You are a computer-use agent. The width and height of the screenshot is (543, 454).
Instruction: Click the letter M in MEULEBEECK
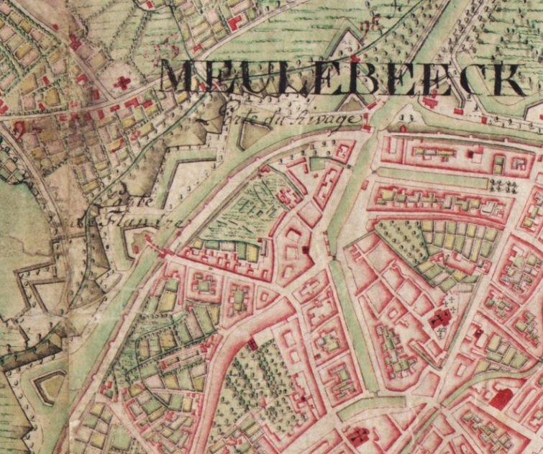178,78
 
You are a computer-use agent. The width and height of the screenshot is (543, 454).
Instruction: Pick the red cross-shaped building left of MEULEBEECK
123,83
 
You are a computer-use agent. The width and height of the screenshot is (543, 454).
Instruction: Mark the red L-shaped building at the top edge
234,21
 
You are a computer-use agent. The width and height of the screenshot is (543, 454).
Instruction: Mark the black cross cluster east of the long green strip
503,186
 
